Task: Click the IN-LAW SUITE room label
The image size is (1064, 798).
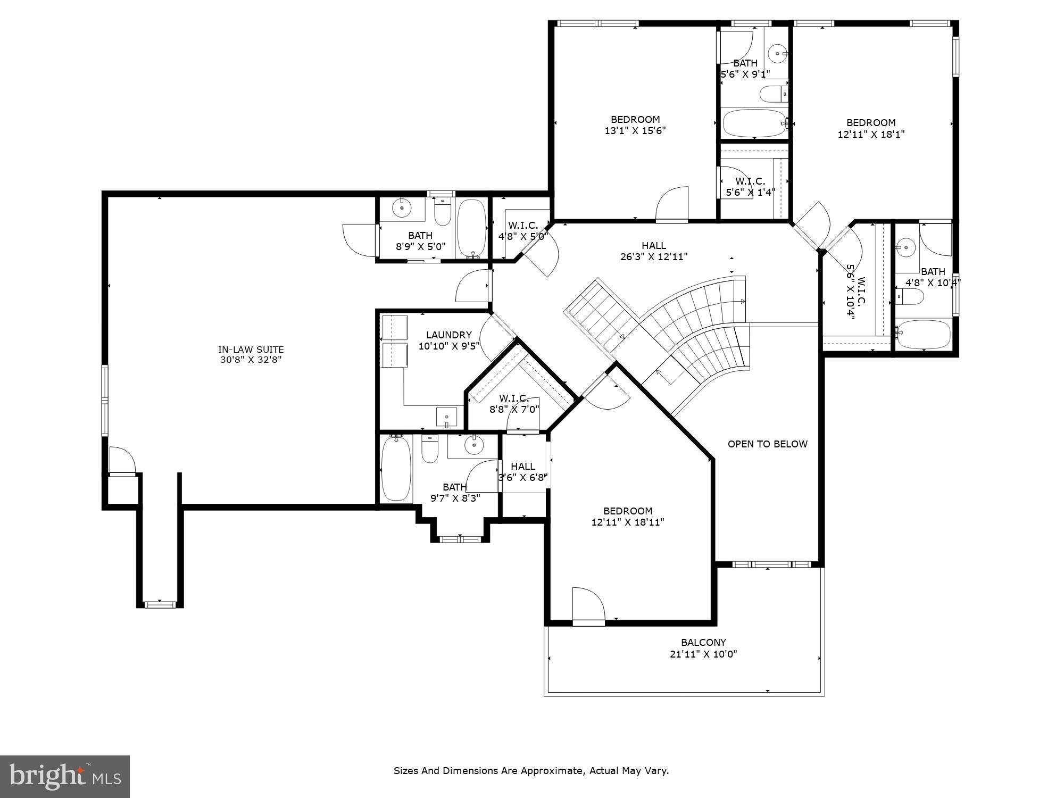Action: (x=251, y=350)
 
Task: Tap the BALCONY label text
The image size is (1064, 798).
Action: (x=703, y=642)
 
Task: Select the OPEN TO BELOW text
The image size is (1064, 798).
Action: (x=767, y=444)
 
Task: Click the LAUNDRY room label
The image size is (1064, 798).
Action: (x=448, y=335)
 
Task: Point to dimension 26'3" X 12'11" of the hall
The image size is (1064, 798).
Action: (x=654, y=256)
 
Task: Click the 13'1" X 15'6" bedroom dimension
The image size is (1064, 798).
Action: (x=635, y=130)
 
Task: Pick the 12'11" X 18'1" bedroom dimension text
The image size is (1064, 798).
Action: (x=871, y=134)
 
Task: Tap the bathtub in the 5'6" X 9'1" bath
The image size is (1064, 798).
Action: (x=754, y=123)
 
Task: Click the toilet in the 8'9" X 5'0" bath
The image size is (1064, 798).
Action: (x=443, y=213)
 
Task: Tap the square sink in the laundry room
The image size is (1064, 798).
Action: (x=446, y=417)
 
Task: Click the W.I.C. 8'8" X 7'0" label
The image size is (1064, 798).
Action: (x=514, y=403)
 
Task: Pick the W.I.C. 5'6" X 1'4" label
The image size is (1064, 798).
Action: (x=750, y=187)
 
